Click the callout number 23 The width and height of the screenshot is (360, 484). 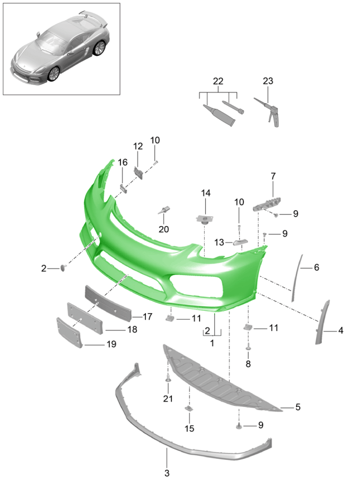click(268, 81)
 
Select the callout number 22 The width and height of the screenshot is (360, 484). click(219, 81)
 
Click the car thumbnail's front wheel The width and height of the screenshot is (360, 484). click(55, 73)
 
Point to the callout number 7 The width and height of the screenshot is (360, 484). click(273, 175)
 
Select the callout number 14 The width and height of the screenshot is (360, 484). click(206, 193)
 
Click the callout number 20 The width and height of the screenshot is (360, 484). click(163, 228)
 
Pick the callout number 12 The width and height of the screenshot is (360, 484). click(138, 146)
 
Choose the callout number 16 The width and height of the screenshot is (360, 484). click(122, 163)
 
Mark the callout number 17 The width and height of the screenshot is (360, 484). click(147, 316)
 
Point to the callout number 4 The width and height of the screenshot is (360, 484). click(341, 331)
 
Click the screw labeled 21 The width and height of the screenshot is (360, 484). click(168, 379)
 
